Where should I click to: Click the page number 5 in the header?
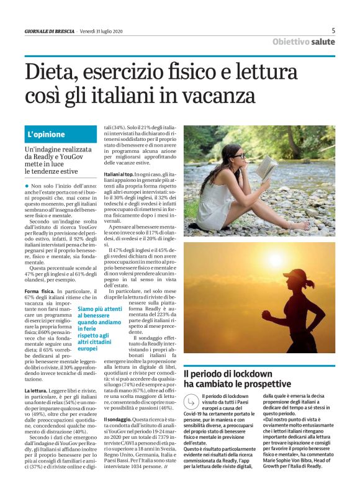[333, 30]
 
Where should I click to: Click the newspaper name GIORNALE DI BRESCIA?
[50, 31]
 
